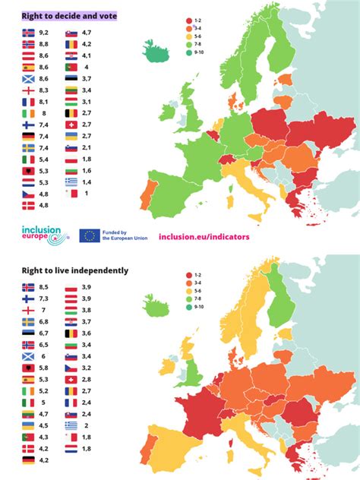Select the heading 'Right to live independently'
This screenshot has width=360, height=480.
pos(74,270)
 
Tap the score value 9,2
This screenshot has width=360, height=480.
pos(43,33)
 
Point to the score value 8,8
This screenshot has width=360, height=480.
pos(43,44)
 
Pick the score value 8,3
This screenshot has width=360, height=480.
pos(43,90)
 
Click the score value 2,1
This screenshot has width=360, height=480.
pos(87,147)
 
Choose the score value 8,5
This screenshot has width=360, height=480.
pos(43,288)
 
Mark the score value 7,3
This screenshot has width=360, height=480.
pos(43,299)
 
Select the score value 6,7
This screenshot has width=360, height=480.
pos(43,333)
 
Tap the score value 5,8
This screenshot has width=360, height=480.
pos(43,368)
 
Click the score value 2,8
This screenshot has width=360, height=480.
pos(87,379)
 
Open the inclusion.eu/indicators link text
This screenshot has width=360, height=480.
pos(204,236)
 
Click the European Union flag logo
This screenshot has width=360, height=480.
pos(90,236)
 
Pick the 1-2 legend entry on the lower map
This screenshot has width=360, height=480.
pos(197,276)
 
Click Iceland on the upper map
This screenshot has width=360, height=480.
pos(158,54)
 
